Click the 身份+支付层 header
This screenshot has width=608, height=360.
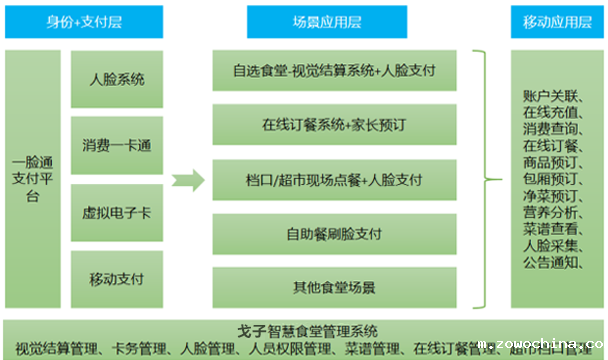(x=88, y=20)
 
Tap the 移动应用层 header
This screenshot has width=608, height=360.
(x=549, y=20)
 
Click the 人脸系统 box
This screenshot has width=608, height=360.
(x=117, y=77)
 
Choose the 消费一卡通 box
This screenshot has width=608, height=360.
(x=117, y=146)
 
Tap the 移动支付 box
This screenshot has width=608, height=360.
(x=117, y=277)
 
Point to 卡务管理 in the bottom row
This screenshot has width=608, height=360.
(x=138, y=349)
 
